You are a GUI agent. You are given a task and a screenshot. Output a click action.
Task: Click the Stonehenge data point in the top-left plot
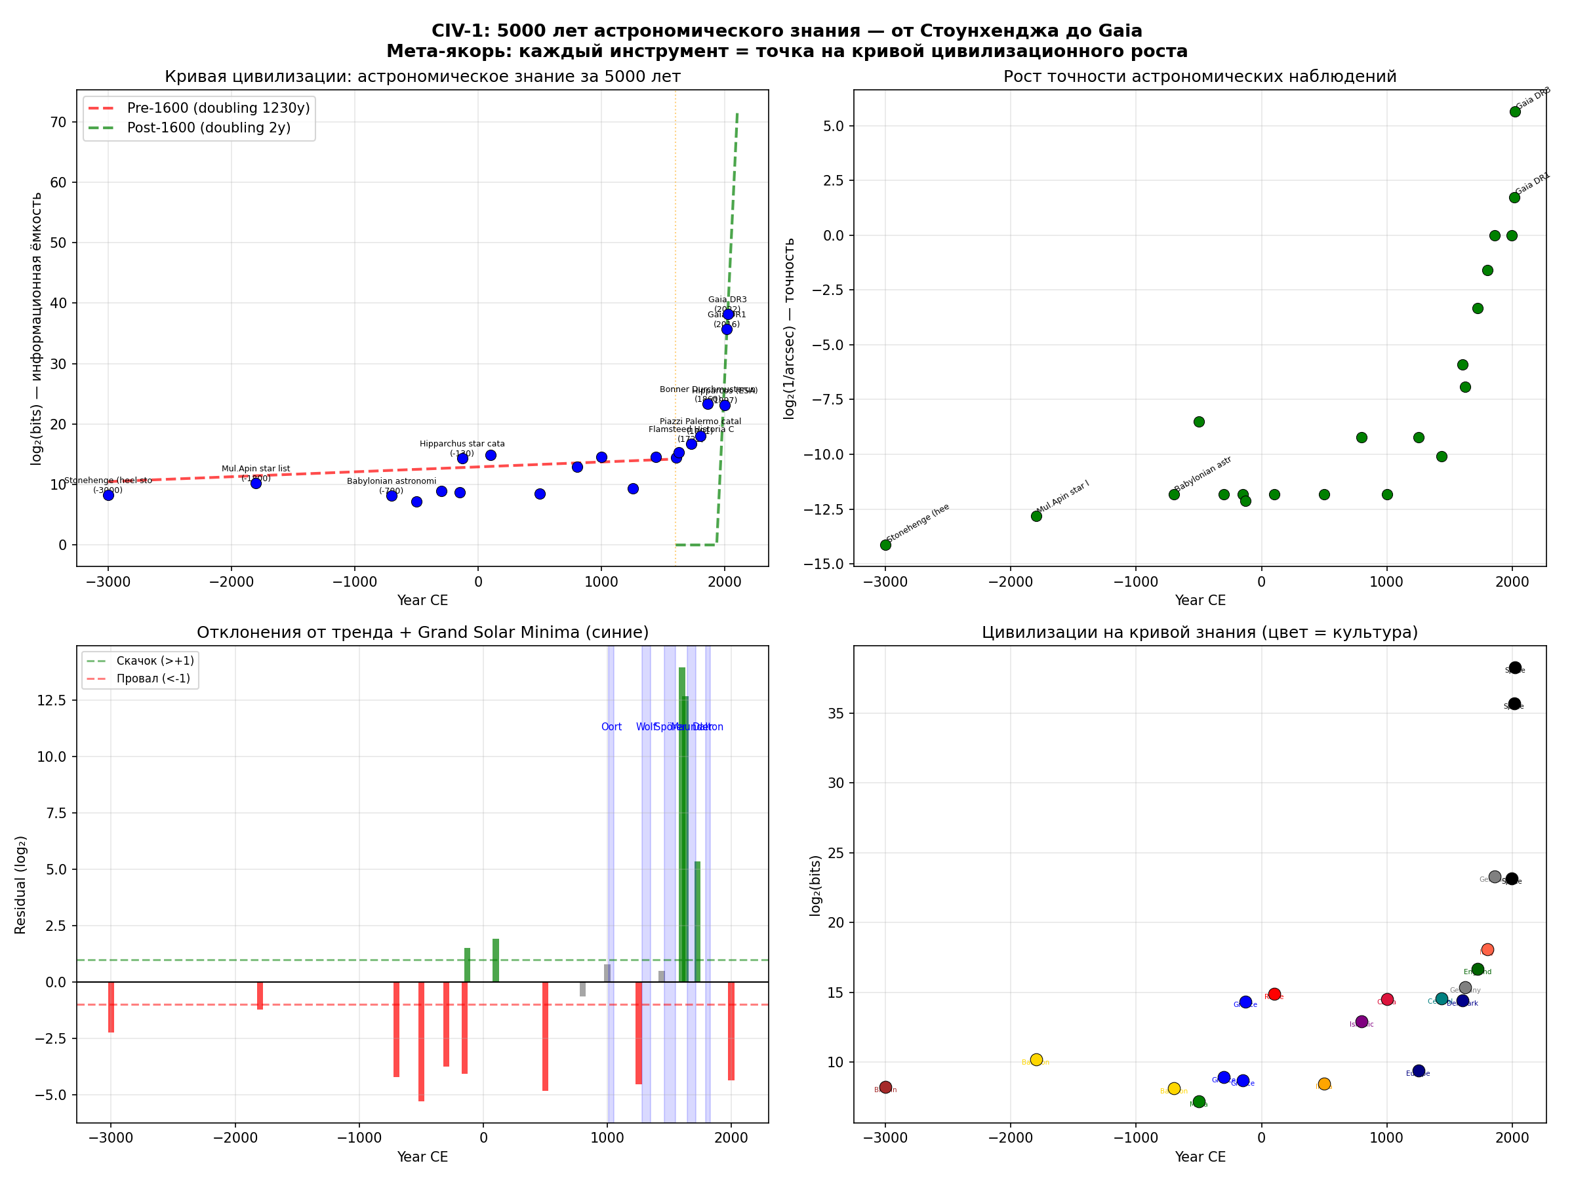coord(108,495)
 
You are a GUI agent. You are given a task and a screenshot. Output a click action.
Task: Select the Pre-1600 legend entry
coord(218,108)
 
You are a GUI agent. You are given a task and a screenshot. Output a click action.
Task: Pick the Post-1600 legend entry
coord(209,128)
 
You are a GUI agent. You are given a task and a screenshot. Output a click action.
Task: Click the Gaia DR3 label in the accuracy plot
coord(1533,98)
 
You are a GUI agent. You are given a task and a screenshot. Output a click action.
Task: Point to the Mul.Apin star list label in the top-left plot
coord(256,469)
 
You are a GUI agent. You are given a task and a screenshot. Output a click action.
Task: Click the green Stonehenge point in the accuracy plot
coord(885,545)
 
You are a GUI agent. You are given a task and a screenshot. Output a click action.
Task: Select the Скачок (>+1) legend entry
coord(154,661)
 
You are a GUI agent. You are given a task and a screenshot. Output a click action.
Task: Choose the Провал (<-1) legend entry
coord(153,678)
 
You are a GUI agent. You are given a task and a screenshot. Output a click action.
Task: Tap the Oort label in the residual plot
coord(611,727)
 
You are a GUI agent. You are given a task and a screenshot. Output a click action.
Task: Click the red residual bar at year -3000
coord(111,1007)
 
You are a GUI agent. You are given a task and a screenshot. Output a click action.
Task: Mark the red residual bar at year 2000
coord(731,1031)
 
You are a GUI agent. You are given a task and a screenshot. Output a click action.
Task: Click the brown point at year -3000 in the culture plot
coord(885,1087)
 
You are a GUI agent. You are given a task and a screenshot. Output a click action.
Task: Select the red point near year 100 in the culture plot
coord(1274,994)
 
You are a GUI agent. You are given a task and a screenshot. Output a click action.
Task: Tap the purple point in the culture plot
coord(1362,1021)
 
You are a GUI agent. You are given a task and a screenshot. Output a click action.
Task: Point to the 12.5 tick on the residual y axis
coord(51,701)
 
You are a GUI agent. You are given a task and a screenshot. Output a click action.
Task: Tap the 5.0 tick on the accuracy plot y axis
coord(830,127)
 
